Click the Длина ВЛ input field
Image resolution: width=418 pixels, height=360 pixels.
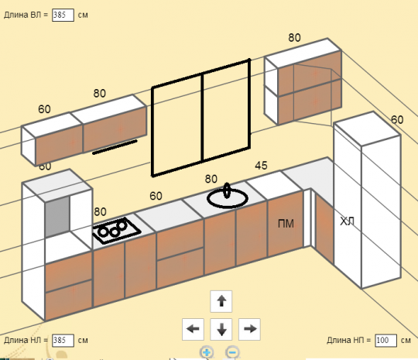63,15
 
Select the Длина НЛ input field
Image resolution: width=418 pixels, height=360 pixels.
63,341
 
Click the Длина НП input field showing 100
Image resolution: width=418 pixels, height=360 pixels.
385,341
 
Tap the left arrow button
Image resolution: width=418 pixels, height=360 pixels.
193,329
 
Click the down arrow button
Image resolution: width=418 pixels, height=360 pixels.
221,329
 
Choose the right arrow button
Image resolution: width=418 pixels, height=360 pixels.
249,329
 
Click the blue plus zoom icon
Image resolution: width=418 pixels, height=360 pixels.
207,352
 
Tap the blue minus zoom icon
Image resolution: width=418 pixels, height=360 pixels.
232,352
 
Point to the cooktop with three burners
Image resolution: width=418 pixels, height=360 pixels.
116,231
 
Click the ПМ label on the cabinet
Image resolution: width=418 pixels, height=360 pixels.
286,224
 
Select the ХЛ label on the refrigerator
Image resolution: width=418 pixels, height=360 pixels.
347,221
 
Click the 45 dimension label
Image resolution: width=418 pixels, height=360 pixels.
261,166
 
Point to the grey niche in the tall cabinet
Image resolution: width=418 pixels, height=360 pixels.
57,217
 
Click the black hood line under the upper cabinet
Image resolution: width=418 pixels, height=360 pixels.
115,147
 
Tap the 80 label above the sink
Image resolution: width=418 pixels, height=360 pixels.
211,179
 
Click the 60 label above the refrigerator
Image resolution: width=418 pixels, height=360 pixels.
397,120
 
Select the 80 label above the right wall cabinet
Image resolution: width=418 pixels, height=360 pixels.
294,38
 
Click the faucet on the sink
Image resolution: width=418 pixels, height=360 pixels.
227,190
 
